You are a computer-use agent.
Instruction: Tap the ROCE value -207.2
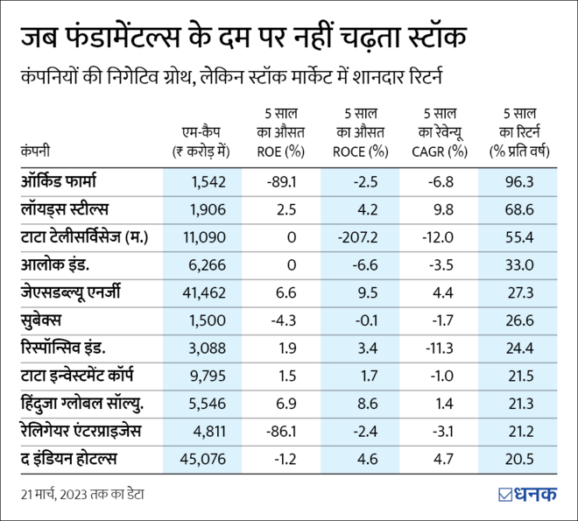coord(361,237)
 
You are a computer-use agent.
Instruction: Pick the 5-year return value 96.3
coord(519,182)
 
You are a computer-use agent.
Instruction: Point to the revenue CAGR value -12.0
coord(440,237)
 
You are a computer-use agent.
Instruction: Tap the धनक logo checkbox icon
coord(505,494)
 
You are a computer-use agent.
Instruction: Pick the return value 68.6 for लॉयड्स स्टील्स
coord(519,209)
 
